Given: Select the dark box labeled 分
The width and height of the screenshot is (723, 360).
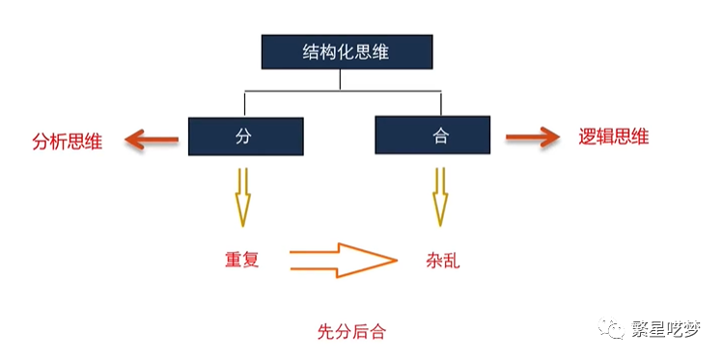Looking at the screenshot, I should (245, 136).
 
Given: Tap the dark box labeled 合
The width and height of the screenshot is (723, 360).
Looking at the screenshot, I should (440, 136).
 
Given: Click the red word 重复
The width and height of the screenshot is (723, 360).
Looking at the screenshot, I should (240, 259).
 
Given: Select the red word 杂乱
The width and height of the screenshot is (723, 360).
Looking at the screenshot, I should (443, 259).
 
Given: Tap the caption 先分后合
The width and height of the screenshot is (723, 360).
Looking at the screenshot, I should (351, 331).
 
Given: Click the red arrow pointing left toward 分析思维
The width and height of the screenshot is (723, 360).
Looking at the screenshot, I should (152, 141).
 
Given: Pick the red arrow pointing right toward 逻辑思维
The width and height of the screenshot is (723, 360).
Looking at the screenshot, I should (533, 138).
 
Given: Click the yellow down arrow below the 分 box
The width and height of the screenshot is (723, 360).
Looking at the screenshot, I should (242, 197).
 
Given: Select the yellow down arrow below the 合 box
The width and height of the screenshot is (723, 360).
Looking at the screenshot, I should (440, 197).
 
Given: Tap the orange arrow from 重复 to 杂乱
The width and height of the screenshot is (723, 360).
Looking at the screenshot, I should (343, 259).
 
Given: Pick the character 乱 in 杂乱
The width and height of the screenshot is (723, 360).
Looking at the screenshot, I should (453, 259).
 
